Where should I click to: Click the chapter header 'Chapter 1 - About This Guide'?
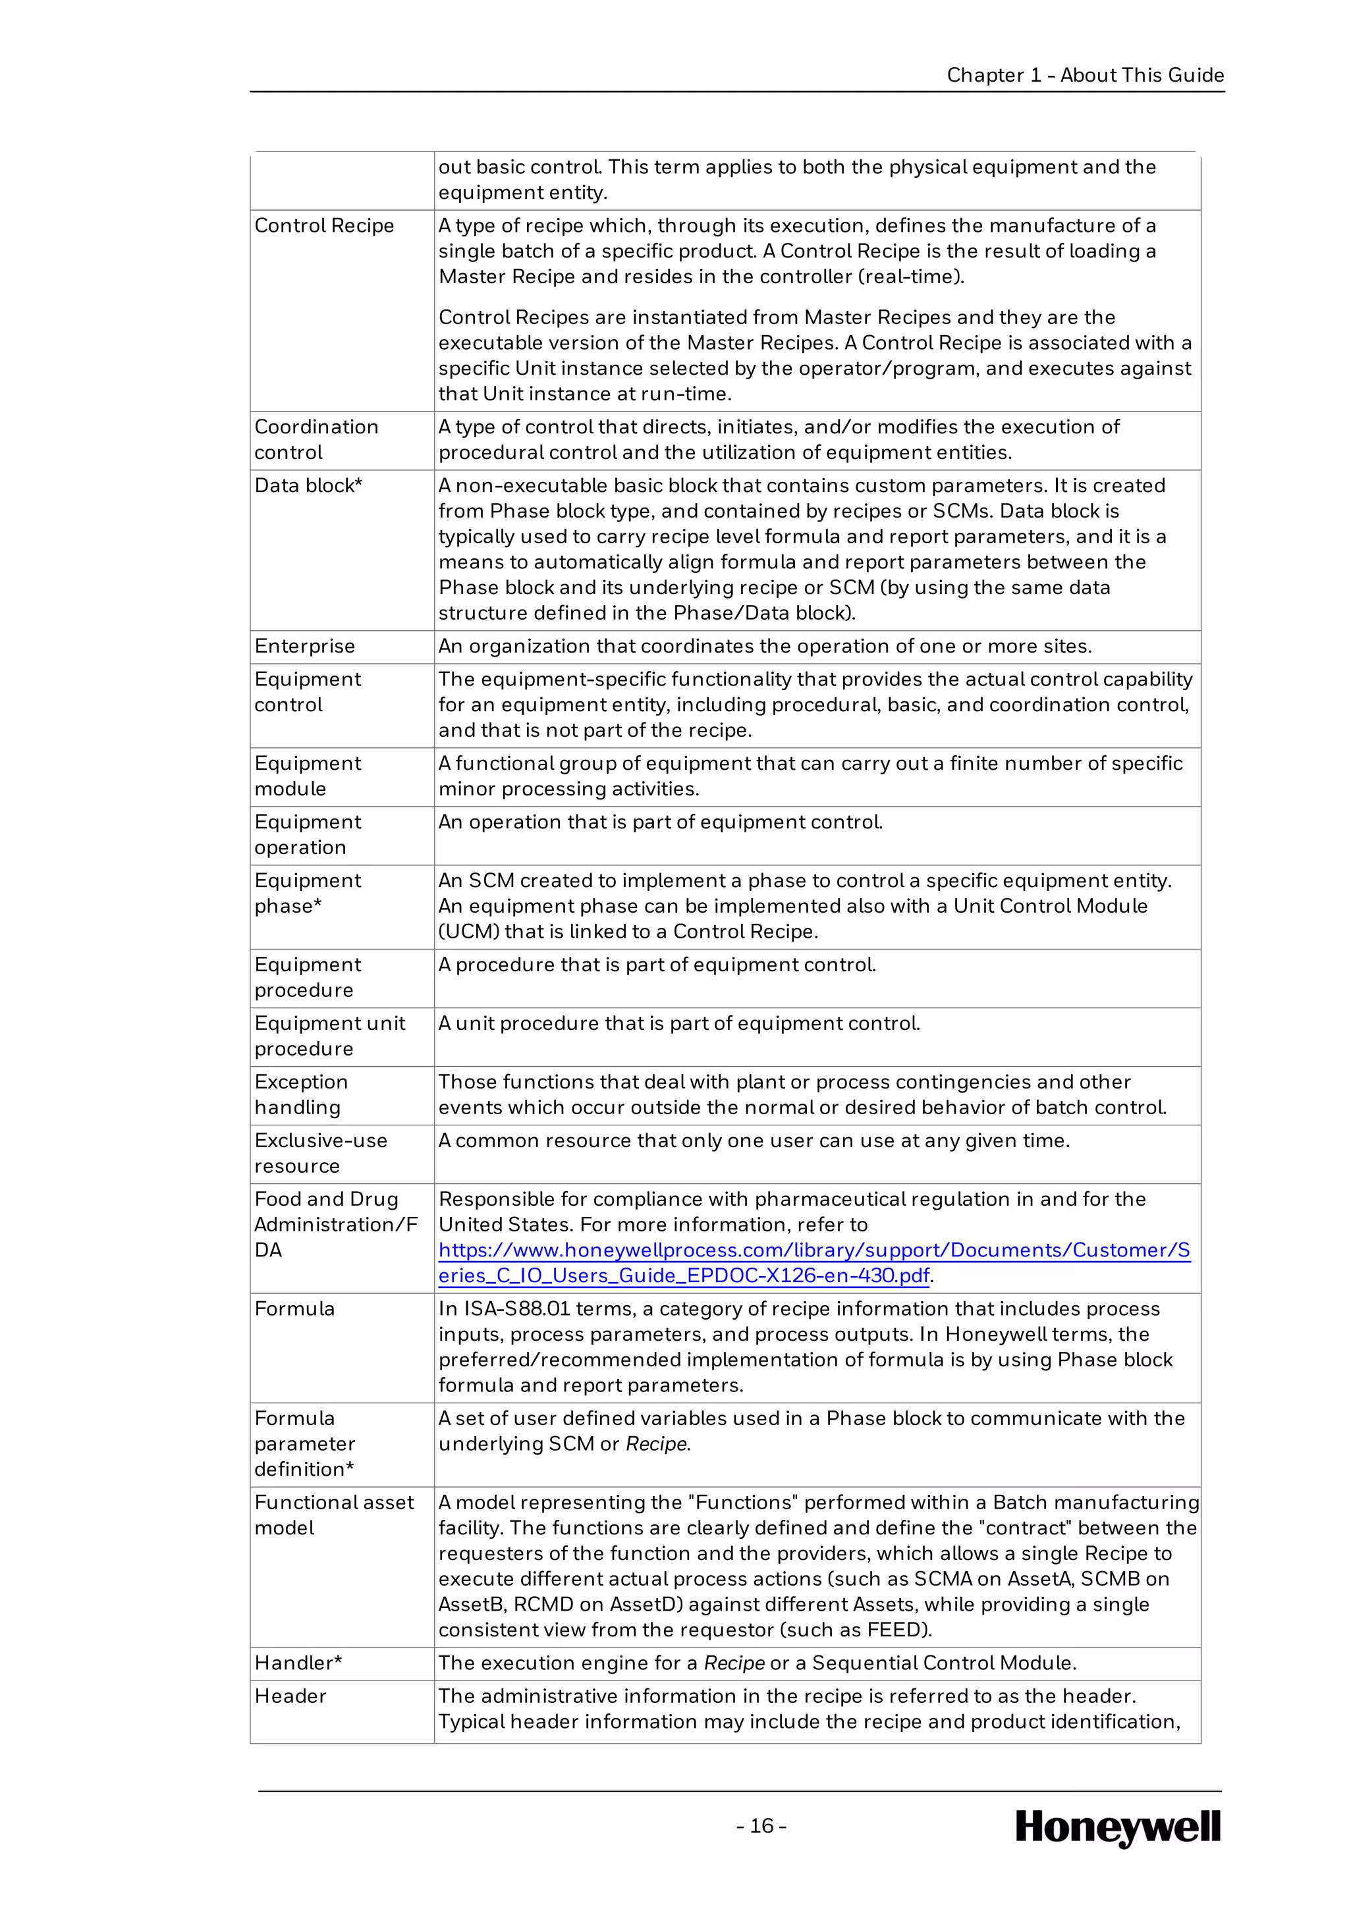point(1085,75)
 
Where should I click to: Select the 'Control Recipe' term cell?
point(324,226)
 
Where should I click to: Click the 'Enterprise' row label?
point(305,646)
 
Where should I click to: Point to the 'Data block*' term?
point(308,486)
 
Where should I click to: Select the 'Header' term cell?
point(290,1696)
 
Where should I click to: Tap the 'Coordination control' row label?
point(316,439)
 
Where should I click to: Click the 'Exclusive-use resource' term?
point(321,1153)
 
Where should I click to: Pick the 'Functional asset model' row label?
point(334,1515)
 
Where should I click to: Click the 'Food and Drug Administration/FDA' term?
point(335,1224)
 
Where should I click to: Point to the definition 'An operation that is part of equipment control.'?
point(661,822)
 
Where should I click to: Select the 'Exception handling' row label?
point(301,1094)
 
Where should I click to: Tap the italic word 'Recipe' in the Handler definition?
point(734,1663)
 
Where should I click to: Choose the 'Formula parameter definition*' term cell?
point(305,1443)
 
